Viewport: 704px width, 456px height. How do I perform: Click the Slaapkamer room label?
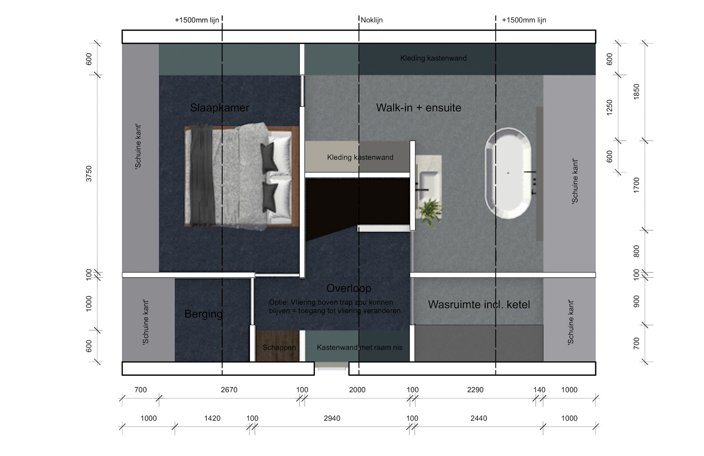pyautogui.click(x=220, y=108)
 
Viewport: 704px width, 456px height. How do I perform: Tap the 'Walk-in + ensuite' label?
pyautogui.click(x=418, y=108)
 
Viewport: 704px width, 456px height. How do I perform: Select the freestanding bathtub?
pyautogui.click(x=508, y=173)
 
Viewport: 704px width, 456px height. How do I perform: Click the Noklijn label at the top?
pyautogui.click(x=371, y=20)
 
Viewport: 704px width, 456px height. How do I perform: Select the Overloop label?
pyautogui.click(x=349, y=288)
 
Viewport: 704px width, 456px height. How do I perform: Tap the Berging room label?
pyautogui.click(x=203, y=314)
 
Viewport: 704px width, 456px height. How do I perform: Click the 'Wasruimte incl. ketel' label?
pyautogui.click(x=479, y=304)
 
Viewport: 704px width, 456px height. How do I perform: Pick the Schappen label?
pyautogui.click(x=279, y=347)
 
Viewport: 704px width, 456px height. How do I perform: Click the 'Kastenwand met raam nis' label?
pyautogui.click(x=359, y=347)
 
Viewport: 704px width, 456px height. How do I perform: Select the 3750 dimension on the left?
pyautogui.click(x=89, y=173)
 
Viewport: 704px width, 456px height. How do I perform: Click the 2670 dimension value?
pyautogui.click(x=229, y=390)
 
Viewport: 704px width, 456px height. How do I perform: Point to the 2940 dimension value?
pyautogui.click(x=332, y=418)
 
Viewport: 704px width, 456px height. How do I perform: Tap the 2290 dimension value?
pyautogui.click(x=475, y=390)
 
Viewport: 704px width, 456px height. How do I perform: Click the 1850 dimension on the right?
pyautogui.click(x=637, y=91)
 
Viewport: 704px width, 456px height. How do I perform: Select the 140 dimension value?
pyautogui.click(x=539, y=390)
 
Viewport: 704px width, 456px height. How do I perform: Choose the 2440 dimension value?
pyautogui.click(x=479, y=418)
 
